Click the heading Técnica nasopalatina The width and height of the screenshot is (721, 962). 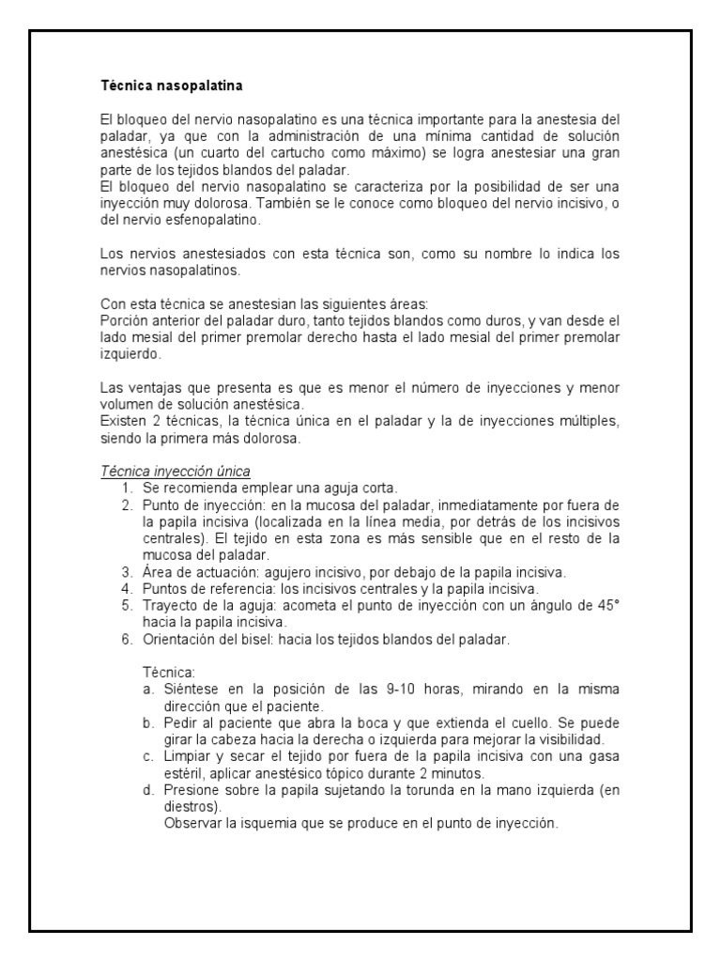(172, 86)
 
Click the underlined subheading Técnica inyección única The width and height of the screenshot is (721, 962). (175, 471)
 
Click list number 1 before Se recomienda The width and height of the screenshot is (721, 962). (127, 488)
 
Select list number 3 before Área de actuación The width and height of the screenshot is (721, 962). (127, 571)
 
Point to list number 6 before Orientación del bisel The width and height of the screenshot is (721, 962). (127, 640)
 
